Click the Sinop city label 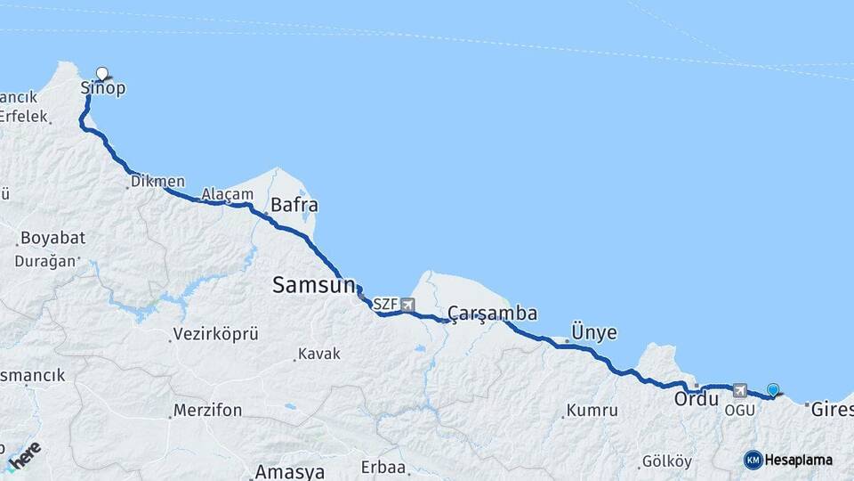point(103,88)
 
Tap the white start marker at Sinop point(101,74)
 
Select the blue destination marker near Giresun point(773,389)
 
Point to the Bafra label point(294,206)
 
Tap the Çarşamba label point(492,313)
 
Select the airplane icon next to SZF point(407,305)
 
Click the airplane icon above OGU point(739,390)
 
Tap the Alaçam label point(221,193)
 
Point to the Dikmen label point(157,181)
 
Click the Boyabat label point(52,239)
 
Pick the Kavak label point(319,354)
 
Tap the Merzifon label point(208,411)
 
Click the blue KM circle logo point(753,460)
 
